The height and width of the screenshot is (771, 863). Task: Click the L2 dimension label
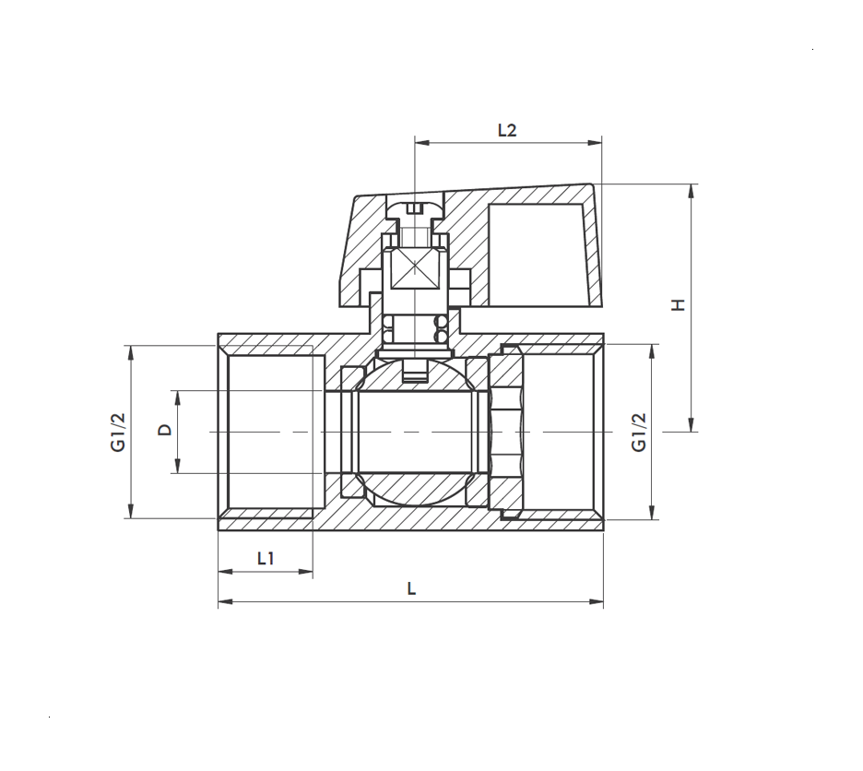point(507,131)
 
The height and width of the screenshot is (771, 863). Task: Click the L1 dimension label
point(266,559)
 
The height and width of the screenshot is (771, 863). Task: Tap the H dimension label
point(679,304)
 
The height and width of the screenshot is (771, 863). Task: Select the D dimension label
point(165,430)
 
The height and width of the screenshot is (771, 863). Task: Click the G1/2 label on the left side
point(118,433)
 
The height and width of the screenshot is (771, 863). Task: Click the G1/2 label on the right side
point(638,433)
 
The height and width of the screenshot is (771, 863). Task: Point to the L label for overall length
point(411,588)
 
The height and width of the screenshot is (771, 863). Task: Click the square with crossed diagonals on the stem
point(414,268)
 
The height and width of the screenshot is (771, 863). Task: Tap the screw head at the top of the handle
point(415,208)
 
